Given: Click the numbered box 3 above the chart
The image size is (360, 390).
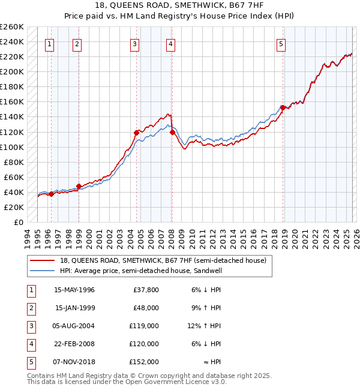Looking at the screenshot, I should (x=135, y=43).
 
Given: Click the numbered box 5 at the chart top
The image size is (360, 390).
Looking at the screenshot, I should (x=281, y=43).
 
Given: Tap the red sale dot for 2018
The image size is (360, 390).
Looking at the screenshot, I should (x=283, y=107).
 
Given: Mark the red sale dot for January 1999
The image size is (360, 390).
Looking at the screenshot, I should (x=79, y=186).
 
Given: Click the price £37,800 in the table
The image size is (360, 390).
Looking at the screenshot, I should (x=146, y=290).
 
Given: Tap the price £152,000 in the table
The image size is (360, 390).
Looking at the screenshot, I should (x=144, y=362).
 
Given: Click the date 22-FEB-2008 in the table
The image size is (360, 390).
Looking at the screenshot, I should (x=74, y=344).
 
